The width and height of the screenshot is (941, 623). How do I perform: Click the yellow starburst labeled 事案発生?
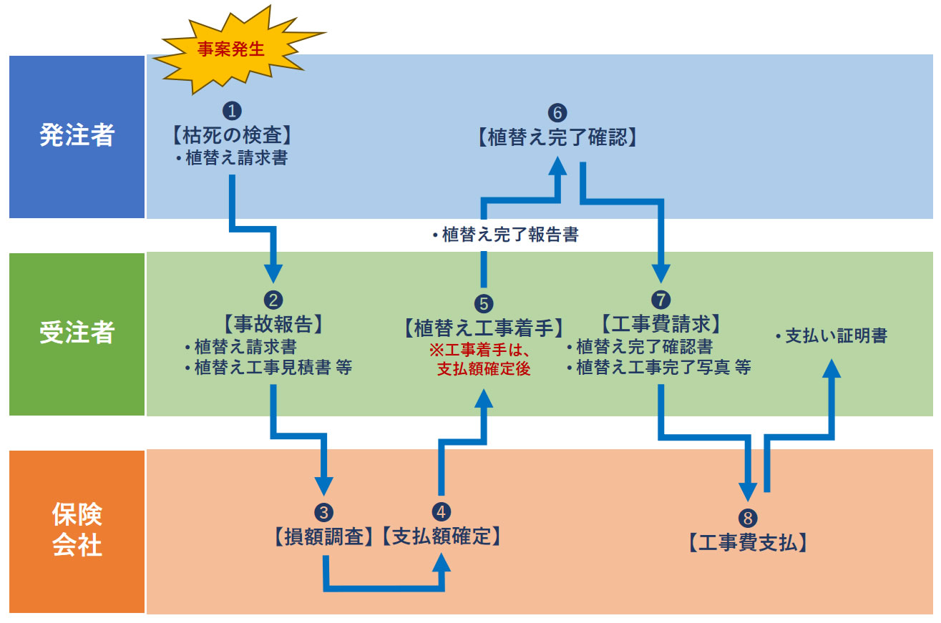click(231, 50)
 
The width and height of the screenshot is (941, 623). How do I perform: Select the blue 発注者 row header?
click(77, 136)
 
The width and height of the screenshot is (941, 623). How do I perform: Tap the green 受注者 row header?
click(77, 333)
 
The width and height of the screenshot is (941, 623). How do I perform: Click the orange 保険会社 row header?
click(77, 531)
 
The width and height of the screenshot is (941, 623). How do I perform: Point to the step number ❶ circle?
click(232, 111)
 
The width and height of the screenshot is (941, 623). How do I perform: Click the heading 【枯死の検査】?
click(232, 134)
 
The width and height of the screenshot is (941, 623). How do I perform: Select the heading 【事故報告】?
click(273, 324)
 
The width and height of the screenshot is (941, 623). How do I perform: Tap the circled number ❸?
click(324, 513)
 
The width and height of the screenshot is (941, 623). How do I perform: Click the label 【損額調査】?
click(324, 536)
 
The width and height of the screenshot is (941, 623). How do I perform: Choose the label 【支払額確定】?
click(441, 536)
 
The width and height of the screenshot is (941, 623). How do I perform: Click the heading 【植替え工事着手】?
click(484, 328)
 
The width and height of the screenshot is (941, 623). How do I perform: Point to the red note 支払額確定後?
click(484, 371)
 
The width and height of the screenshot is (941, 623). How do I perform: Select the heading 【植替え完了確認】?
click(557, 137)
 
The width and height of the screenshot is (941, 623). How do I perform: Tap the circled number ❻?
click(557, 113)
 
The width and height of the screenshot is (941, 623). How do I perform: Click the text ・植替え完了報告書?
click(505, 235)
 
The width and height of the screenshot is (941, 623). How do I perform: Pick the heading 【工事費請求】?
click(660, 324)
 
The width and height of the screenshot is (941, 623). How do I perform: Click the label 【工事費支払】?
click(749, 542)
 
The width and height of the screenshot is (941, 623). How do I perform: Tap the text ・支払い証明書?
click(831, 335)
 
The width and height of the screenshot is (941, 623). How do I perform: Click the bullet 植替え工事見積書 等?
click(268, 368)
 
